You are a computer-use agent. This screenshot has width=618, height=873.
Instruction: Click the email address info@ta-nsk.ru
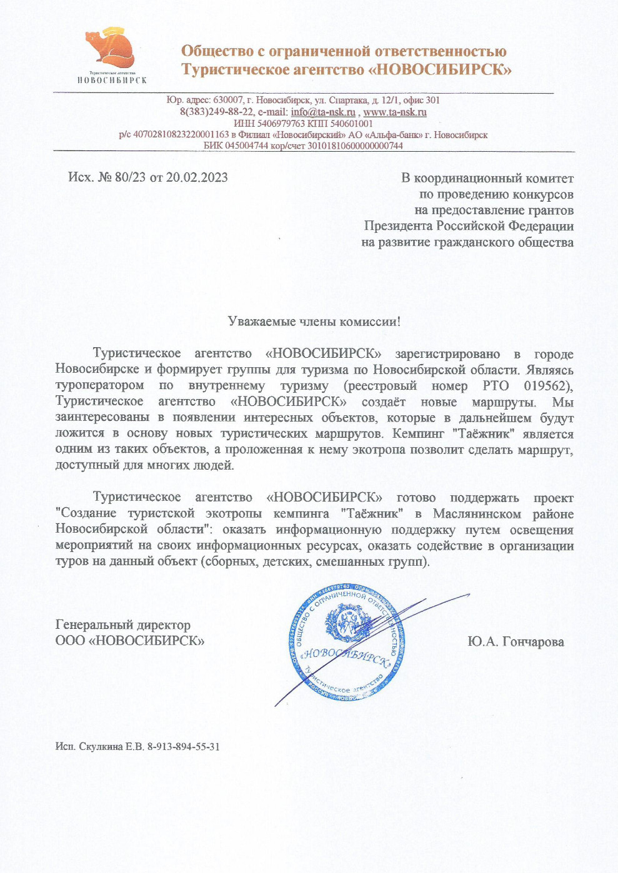(x=323, y=112)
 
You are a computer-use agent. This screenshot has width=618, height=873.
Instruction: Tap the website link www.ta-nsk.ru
(x=395, y=112)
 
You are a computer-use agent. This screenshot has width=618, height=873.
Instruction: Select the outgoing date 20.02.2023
(x=197, y=177)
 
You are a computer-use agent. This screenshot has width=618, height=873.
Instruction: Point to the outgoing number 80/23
(x=130, y=177)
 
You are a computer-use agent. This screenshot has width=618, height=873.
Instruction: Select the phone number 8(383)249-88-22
(x=216, y=112)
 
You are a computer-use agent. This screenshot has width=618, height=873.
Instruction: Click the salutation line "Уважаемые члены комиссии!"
(x=314, y=322)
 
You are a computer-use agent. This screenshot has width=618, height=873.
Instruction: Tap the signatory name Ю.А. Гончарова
(x=516, y=641)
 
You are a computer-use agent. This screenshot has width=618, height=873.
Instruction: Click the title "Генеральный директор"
(x=123, y=624)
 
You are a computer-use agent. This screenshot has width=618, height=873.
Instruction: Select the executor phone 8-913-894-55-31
(x=183, y=746)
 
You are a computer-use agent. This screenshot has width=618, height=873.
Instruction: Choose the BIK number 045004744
(x=246, y=145)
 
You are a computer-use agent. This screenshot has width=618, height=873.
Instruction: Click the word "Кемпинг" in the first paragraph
(x=419, y=433)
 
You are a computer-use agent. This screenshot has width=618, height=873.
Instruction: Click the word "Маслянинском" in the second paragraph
(x=477, y=514)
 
